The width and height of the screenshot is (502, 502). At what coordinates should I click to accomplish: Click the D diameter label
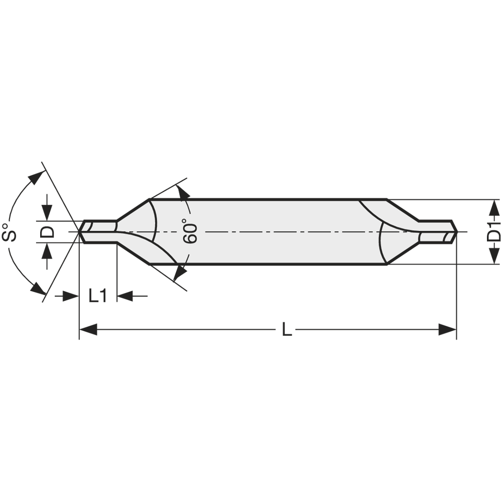(x=47, y=231)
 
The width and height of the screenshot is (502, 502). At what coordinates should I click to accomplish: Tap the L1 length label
(x=98, y=296)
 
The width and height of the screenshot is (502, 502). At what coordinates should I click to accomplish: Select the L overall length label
(x=286, y=330)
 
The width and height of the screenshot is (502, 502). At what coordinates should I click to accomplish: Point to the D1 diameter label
(x=494, y=232)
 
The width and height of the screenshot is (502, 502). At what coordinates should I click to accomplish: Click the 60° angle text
(x=191, y=231)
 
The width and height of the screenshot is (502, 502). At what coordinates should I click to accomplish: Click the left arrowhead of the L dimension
(x=87, y=330)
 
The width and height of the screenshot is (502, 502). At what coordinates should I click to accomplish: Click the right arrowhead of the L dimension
(x=448, y=330)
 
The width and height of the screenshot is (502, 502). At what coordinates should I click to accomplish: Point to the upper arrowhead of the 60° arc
(x=183, y=192)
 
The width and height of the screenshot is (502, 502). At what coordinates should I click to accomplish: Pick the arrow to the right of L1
(x=125, y=296)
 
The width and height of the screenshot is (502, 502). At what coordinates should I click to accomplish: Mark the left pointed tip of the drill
(x=79, y=232)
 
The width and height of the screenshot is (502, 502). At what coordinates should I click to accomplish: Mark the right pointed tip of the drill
(x=456, y=232)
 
